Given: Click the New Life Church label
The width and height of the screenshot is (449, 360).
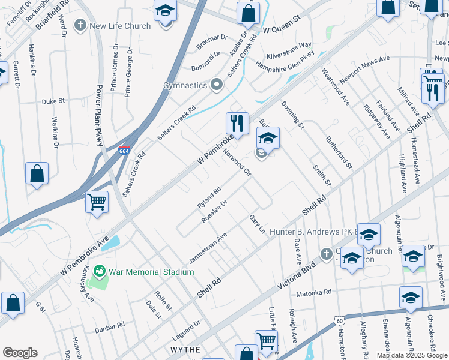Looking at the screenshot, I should coord(119,26).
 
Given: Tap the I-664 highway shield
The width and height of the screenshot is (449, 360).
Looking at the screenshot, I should coord(124,152).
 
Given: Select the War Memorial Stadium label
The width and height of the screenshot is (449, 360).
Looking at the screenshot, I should coord(151,272).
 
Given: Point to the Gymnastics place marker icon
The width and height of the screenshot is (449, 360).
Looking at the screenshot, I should coord(217,85).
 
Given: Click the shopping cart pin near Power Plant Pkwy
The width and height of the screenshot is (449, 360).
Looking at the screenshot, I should coord(97,202).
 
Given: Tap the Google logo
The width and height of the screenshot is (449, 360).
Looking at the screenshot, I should coord(20,353).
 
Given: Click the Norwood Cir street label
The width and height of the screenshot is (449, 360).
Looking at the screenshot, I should coord(237,163).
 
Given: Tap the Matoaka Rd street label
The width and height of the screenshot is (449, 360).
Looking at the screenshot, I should coord(314,293).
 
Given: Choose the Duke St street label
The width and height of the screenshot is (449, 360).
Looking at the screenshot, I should coord(53,102).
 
